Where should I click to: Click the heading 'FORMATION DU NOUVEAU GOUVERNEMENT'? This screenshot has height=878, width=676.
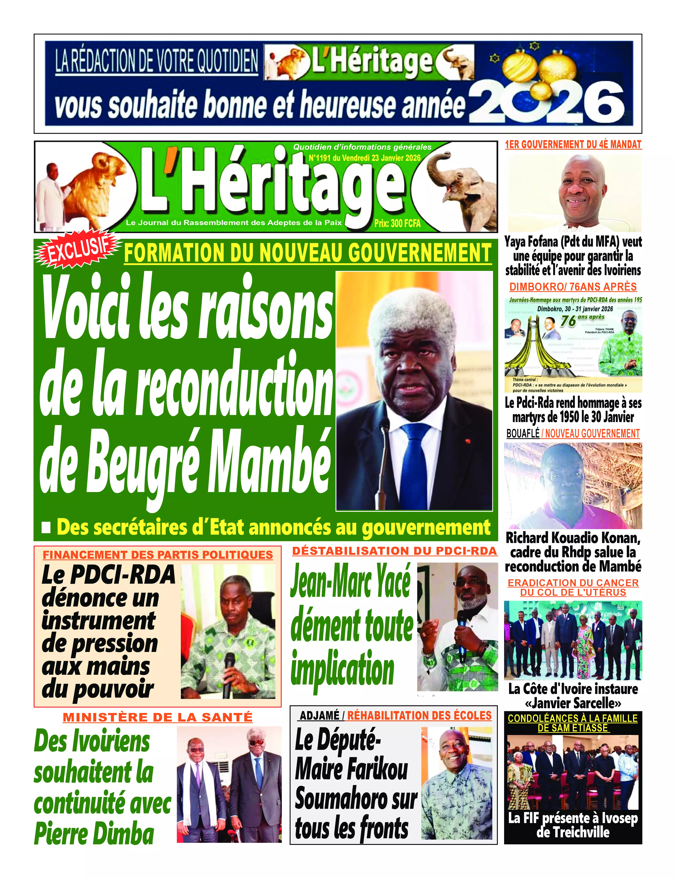click(x=308, y=253)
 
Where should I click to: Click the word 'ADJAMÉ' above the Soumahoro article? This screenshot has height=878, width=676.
click(x=320, y=716)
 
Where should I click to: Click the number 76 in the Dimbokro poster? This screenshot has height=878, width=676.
click(x=568, y=321)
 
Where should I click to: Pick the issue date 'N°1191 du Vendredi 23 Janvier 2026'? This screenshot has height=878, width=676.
click(x=364, y=158)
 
